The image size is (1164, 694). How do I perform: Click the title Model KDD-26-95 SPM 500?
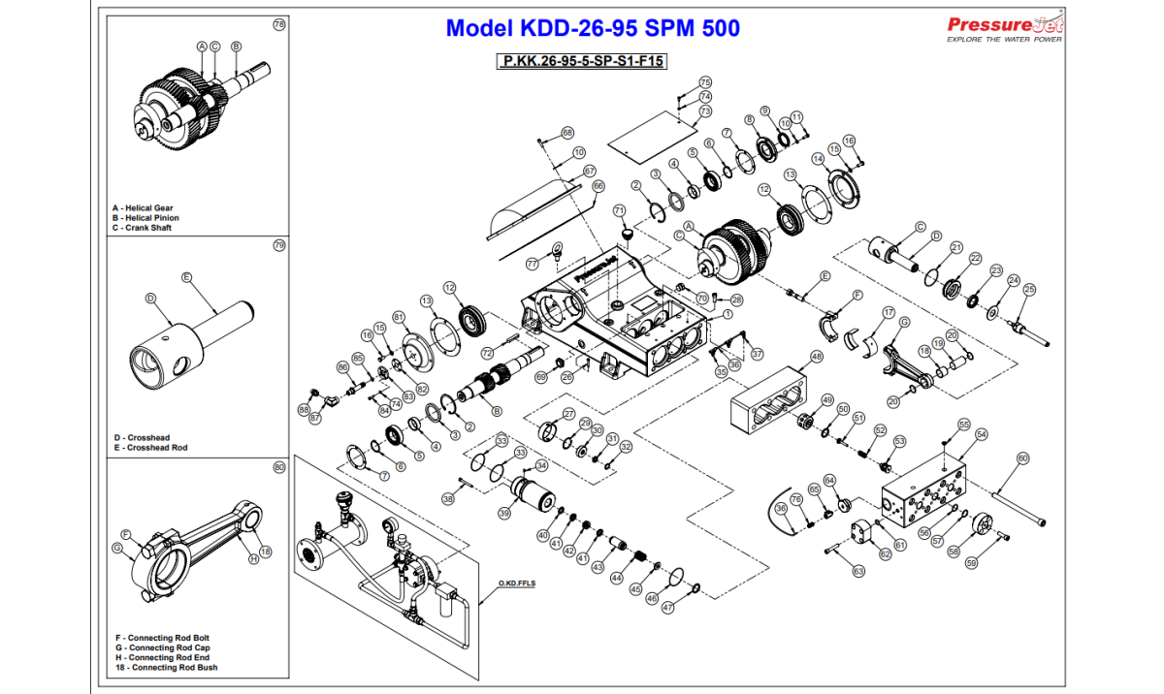point(592,28)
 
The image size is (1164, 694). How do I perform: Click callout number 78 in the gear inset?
point(279,24)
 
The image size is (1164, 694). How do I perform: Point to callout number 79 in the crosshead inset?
point(279,245)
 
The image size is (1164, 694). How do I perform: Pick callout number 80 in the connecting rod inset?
point(279,467)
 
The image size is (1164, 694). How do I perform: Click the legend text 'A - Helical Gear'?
point(143,208)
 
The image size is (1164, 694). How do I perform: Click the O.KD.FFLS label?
point(517,584)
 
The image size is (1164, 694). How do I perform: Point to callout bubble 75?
point(705,82)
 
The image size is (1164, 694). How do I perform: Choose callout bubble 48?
point(816,356)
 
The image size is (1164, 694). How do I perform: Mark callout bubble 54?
point(982,435)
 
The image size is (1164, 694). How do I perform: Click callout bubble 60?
point(1022,457)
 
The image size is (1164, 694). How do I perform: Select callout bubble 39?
point(505,513)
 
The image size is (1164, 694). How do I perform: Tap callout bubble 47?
point(667,608)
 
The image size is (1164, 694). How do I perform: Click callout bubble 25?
point(1029,289)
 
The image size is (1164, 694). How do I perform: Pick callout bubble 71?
point(618,209)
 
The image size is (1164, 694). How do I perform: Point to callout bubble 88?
point(304,410)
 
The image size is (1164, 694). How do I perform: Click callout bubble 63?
point(857,572)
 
